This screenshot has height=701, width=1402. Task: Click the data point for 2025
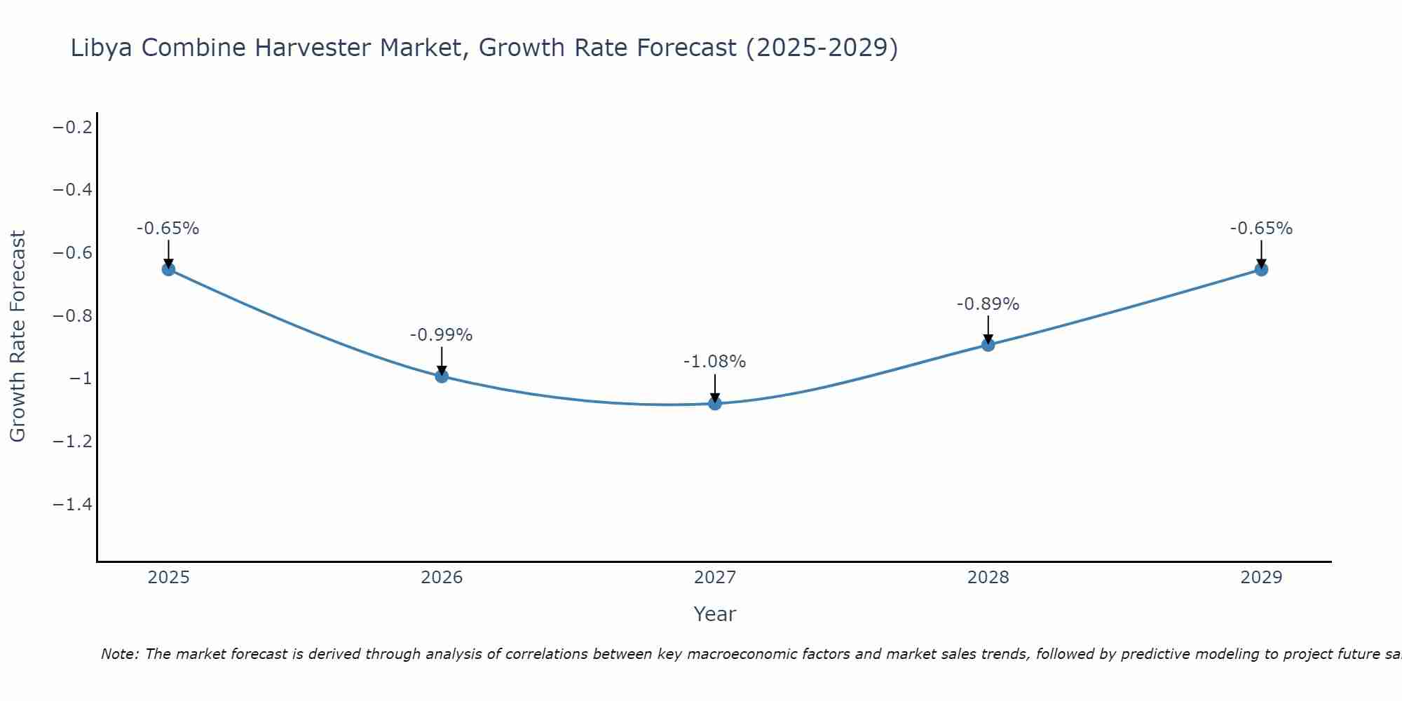tap(168, 269)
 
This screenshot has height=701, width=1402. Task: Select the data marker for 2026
tap(442, 376)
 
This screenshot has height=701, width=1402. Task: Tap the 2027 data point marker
tap(715, 404)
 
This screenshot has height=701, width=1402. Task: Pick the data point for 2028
tap(988, 344)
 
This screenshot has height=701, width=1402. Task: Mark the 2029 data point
tap(1261, 269)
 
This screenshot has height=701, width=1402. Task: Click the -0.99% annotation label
tap(441, 335)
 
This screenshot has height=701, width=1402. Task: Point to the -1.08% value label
tap(714, 362)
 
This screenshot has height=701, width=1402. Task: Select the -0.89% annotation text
tap(988, 304)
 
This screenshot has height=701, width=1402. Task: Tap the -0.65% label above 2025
tap(168, 229)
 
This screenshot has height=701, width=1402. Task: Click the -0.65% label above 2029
tap(1261, 229)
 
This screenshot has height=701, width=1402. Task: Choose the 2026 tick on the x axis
tap(442, 578)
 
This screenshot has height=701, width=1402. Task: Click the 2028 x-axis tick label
tap(988, 578)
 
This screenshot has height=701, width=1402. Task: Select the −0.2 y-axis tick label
tap(73, 127)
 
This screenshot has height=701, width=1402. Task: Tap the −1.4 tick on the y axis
tap(73, 505)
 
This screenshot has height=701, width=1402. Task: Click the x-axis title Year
tap(714, 614)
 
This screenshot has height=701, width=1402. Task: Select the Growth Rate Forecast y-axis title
tap(18, 336)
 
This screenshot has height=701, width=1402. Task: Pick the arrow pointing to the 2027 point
tap(715, 388)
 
